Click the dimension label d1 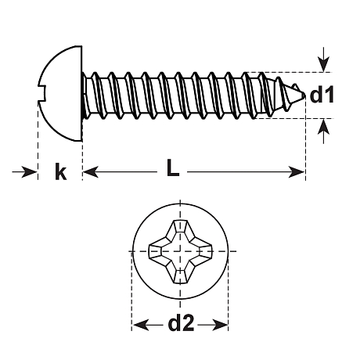(322, 95)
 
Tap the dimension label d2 (181, 322)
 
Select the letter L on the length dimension (173, 168)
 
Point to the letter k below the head (61, 171)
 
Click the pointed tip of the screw (304, 95)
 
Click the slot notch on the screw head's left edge (42, 94)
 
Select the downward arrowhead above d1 (323, 65)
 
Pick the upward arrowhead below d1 (323, 127)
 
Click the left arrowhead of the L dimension (91, 172)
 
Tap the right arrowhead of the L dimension (297, 172)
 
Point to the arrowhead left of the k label (29, 172)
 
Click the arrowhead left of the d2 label (141, 325)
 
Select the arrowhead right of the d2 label (221, 325)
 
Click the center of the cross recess (180, 251)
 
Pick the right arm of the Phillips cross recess (202, 251)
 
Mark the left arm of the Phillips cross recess (158, 251)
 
